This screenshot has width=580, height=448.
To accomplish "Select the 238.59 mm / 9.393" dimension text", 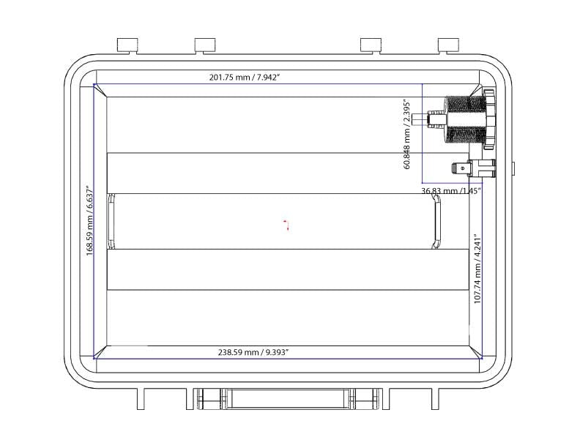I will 253,352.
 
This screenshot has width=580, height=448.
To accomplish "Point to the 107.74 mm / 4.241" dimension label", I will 477,269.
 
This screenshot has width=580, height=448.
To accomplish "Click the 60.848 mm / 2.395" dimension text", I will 408,133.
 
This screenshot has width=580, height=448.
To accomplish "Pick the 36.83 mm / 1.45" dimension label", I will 450,190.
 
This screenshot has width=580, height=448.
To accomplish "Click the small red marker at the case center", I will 286,224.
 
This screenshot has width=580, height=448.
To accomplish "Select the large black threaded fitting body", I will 464,119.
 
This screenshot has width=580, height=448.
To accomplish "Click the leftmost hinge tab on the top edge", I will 128,45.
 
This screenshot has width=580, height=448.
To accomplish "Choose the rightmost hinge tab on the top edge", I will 449,45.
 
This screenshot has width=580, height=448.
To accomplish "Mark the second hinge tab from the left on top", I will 205,45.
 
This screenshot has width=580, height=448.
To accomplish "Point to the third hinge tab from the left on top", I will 372,45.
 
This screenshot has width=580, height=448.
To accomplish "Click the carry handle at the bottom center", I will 287,399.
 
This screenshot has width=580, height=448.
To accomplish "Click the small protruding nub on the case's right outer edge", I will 513,169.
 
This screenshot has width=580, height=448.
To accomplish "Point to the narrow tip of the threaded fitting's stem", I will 416,117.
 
